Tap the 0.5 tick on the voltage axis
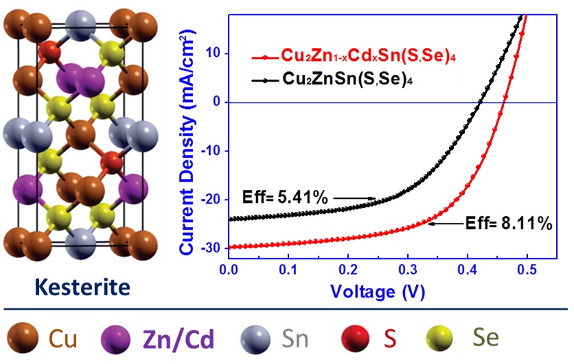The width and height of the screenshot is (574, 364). click(527, 272)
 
